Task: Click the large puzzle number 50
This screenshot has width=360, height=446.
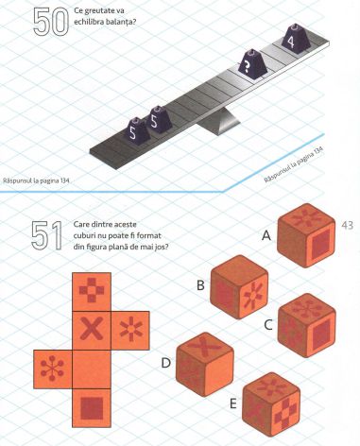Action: [x=51, y=22]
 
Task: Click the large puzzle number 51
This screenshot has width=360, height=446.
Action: [x=46, y=235]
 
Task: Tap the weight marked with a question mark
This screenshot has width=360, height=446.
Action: [x=252, y=63]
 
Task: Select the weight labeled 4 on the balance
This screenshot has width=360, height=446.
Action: [x=296, y=37]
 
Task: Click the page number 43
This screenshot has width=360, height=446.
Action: [x=347, y=226]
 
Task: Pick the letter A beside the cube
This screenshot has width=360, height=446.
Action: [x=266, y=235]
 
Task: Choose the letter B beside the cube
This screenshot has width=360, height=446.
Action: [x=200, y=285]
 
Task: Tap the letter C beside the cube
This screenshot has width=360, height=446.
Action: [x=268, y=325]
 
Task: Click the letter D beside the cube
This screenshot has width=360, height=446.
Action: [x=165, y=363]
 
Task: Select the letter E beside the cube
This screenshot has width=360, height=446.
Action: [x=233, y=403]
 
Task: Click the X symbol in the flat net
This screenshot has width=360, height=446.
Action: [x=92, y=329]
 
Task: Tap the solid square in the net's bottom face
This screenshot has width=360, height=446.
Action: [x=92, y=408]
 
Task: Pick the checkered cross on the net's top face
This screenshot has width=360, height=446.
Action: [x=92, y=290]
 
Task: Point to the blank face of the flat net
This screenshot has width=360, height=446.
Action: [x=92, y=369]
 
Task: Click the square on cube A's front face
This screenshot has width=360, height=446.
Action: [x=321, y=244]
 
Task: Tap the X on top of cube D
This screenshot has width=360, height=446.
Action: [x=205, y=347]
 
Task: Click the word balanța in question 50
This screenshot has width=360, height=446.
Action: [x=120, y=23]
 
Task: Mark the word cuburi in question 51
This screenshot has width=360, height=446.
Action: [x=84, y=235]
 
